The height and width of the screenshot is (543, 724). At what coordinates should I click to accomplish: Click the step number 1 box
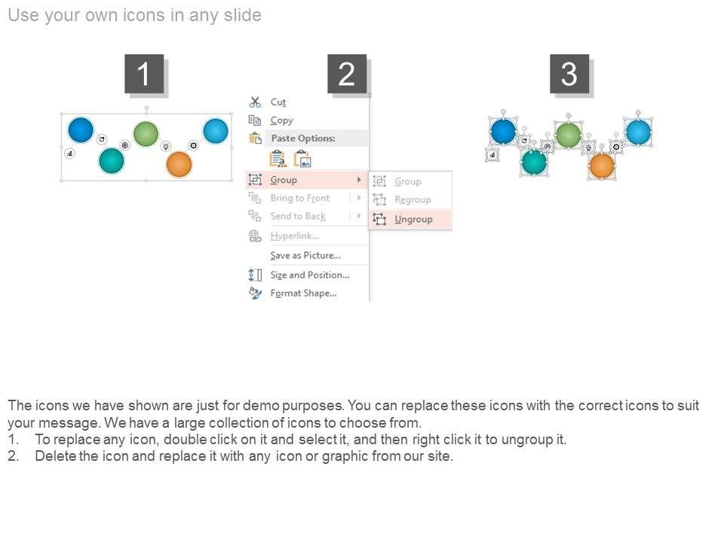(x=144, y=73)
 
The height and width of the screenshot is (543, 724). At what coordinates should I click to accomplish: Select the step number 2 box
(x=347, y=73)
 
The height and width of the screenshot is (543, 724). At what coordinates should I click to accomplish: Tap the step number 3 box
(x=569, y=73)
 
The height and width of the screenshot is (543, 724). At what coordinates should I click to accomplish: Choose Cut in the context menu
(x=278, y=102)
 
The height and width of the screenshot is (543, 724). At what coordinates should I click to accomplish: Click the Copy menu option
(x=281, y=121)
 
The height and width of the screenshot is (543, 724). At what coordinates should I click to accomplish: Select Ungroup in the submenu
(x=413, y=219)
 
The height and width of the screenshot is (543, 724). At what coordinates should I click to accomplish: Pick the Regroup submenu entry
(x=413, y=200)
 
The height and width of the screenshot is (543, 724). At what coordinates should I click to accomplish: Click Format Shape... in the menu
(x=303, y=293)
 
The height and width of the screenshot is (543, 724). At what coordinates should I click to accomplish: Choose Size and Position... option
(x=310, y=275)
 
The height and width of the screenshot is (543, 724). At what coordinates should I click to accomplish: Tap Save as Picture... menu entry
(x=305, y=256)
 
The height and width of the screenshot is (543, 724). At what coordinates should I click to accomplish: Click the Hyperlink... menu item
(x=295, y=236)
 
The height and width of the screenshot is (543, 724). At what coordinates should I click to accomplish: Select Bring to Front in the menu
(x=299, y=198)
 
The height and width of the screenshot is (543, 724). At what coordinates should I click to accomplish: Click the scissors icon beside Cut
(x=255, y=102)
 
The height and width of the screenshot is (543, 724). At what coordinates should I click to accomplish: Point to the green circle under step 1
(x=146, y=134)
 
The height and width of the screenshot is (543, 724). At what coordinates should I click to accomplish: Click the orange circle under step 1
(x=179, y=164)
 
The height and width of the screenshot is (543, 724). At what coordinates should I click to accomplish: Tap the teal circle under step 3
(x=534, y=162)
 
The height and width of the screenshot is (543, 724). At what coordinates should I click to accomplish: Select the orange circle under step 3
(x=602, y=166)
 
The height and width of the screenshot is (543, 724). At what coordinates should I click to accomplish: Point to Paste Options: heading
(x=303, y=138)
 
